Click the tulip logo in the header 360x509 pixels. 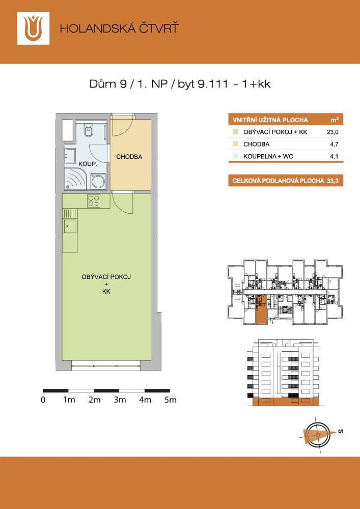[33, 28]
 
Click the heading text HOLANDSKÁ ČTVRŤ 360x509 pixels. [119, 29]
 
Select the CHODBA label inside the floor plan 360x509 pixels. [129, 157]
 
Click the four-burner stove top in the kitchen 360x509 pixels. [94, 201]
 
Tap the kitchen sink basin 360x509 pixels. [70, 226]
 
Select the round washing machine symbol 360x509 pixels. [98, 181]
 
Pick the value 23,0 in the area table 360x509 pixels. [333, 132]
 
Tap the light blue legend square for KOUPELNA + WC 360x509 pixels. [235, 156]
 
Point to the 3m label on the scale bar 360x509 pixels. [120, 400]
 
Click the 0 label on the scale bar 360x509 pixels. [43, 400]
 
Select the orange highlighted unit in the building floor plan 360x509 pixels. [260, 309]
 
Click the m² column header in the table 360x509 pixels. [335, 120]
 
